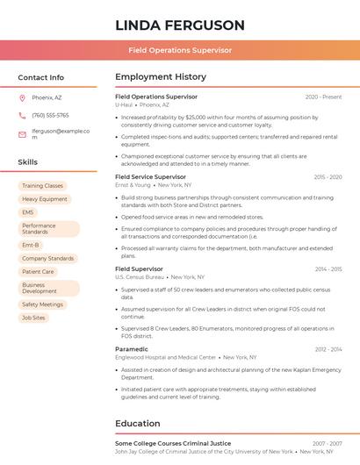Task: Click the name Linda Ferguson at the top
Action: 179,25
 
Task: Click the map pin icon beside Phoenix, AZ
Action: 22,98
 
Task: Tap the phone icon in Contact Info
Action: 22,116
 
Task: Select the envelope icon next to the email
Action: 22,134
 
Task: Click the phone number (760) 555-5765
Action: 50,116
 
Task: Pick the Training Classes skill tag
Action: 42,186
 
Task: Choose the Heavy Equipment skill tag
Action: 45,199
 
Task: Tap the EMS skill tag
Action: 28,212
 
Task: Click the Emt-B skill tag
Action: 31,246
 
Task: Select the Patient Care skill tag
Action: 38,272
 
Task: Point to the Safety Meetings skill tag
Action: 42,304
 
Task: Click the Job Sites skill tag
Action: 33,318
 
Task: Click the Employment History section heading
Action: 161,77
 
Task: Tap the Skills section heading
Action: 28,162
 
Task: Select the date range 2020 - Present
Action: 323,97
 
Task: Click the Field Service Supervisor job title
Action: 150,177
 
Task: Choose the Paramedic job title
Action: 132,349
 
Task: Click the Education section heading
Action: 138,424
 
